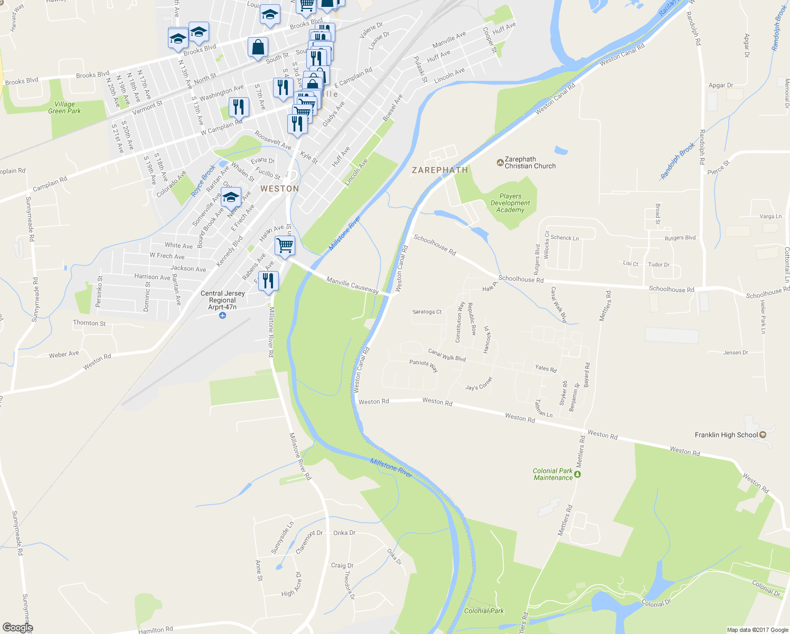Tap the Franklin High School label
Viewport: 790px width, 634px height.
726,435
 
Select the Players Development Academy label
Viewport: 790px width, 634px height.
510,203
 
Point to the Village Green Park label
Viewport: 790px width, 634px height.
64,108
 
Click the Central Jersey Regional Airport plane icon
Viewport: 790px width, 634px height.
222,315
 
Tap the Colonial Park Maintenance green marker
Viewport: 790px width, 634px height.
577,474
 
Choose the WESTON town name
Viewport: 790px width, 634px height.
279,189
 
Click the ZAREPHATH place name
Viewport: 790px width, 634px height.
440,170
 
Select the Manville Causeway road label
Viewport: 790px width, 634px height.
352,285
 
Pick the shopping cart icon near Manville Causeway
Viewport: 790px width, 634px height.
285,246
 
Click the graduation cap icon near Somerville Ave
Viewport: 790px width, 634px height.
231,198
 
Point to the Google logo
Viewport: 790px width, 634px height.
17,628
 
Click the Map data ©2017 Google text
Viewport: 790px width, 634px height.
757,630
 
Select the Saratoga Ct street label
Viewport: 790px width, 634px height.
427,312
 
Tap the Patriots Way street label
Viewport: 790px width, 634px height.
424,366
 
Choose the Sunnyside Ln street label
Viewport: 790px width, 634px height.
282,538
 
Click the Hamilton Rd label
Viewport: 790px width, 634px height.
155,630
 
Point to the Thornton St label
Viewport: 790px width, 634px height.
89,323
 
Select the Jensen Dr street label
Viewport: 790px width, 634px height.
736,352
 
